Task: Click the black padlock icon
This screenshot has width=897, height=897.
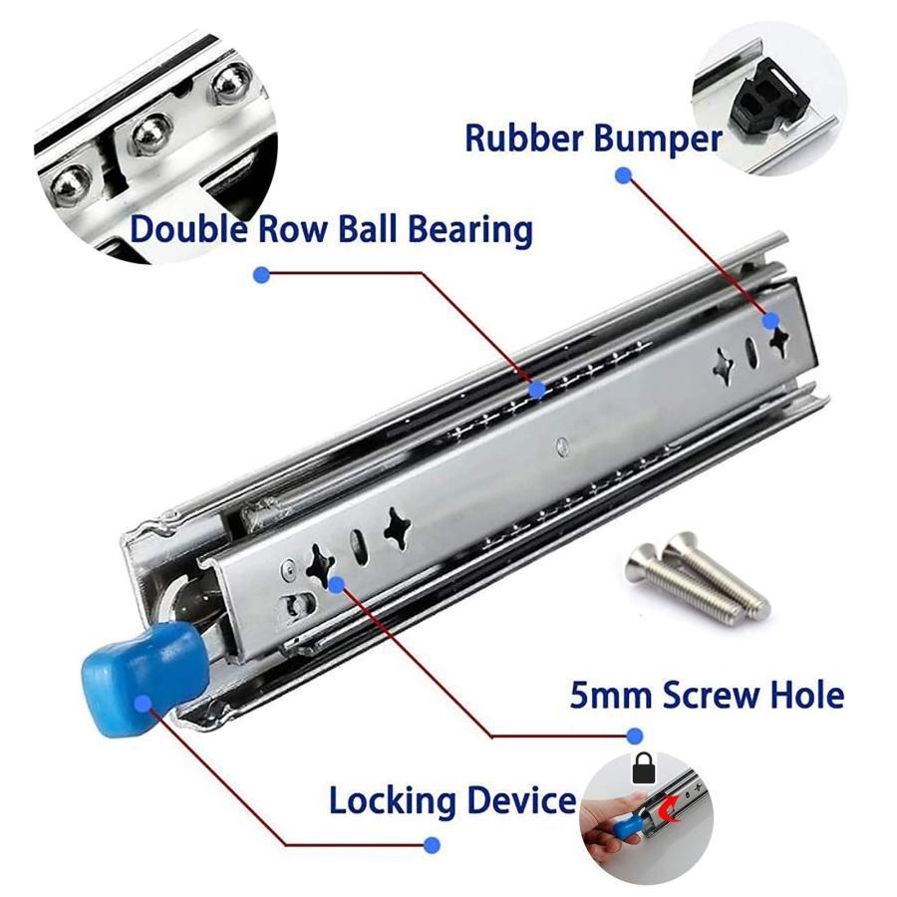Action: click(x=644, y=768)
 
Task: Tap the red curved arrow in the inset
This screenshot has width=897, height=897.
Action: click(x=668, y=810)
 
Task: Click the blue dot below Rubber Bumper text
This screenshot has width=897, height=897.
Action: click(x=623, y=175)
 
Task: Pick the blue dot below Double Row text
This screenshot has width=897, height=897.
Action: click(x=261, y=275)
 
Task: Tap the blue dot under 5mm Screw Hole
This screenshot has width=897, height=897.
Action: click(x=634, y=736)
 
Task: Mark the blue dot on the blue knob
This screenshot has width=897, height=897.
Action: click(x=143, y=703)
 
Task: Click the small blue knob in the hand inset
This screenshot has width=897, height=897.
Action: click(x=625, y=828)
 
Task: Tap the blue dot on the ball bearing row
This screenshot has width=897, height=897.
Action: click(x=536, y=390)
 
